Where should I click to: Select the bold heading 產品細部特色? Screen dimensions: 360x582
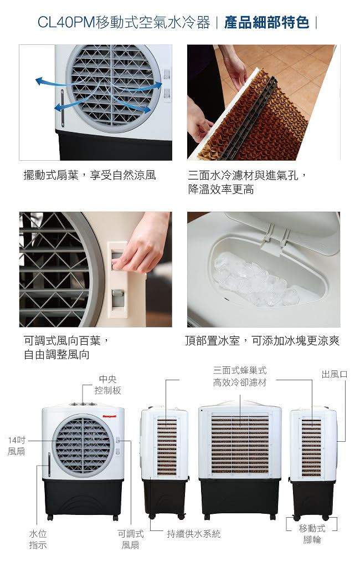tap(266, 22)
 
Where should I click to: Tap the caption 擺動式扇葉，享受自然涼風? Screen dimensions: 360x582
tap(89, 175)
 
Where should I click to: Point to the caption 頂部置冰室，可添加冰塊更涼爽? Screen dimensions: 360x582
tap(262, 340)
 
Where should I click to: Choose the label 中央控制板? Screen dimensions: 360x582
tap(107, 385)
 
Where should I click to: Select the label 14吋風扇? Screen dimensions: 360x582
tap(16, 446)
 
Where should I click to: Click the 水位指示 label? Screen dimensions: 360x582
tap(38, 539)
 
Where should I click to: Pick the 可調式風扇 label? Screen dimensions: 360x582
tap(130, 539)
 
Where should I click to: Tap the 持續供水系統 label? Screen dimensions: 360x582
tap(193, 534)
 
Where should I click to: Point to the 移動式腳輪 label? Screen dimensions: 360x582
tap(312, 534)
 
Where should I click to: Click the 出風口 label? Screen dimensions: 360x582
tap(335, 374)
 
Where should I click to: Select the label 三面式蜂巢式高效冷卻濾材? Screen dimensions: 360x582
tap(239, 376)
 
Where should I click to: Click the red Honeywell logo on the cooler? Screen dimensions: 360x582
tap(110, 416)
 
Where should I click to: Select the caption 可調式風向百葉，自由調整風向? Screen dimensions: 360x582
tap(66, 347)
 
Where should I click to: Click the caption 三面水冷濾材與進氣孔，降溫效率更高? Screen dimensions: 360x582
tap(248, 182)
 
